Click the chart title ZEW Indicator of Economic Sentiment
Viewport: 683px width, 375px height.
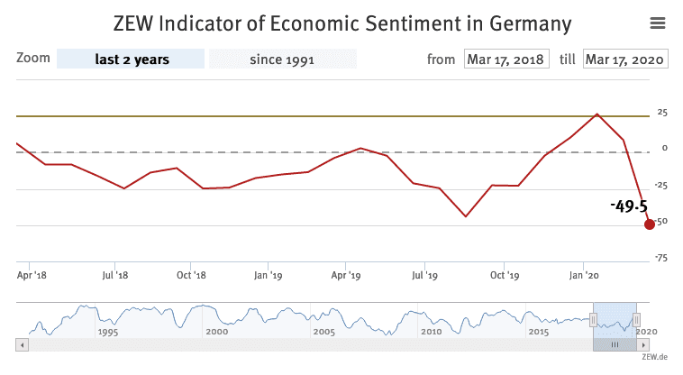click(341, 22)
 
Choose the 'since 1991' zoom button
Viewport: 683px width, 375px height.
click(283, 59)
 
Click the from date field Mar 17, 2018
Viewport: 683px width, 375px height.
click(505, 59)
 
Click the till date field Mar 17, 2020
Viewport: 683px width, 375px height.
click(624, 59)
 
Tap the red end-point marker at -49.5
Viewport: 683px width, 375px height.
click(649, 224)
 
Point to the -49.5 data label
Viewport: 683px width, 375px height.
click(628, 206)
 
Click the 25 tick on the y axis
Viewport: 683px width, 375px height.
click(661, 113)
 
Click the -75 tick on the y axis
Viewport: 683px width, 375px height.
click(660, 258)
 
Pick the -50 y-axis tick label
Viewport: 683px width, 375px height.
click(660, 222)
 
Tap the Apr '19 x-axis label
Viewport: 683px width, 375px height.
click(346, 275)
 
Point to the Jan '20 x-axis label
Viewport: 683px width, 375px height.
click(585, 275)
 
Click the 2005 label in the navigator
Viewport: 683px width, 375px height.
click(323, 332)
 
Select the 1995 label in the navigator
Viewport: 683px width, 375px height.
click(107, 332)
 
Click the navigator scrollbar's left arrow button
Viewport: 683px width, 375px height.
click(22, 344)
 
